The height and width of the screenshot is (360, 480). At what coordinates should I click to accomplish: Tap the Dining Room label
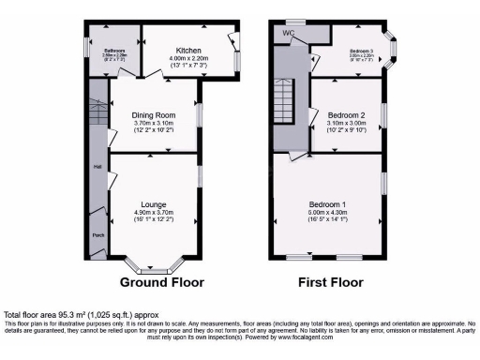154,116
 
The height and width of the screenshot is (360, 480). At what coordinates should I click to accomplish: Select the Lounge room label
154,203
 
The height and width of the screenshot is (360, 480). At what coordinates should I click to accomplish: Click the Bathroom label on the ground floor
114,51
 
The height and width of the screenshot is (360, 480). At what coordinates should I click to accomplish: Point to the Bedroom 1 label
329,203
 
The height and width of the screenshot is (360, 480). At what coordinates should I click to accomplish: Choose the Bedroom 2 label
346,115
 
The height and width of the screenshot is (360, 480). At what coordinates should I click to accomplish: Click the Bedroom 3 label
362,51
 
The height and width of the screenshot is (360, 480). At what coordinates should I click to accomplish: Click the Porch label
97,235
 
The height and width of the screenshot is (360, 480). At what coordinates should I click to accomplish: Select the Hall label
97,167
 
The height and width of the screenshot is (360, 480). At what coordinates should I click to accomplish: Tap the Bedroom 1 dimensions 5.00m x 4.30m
329,212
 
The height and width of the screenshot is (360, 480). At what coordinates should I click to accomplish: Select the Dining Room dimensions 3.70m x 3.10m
154,125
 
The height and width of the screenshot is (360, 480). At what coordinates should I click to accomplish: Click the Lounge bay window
154,267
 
